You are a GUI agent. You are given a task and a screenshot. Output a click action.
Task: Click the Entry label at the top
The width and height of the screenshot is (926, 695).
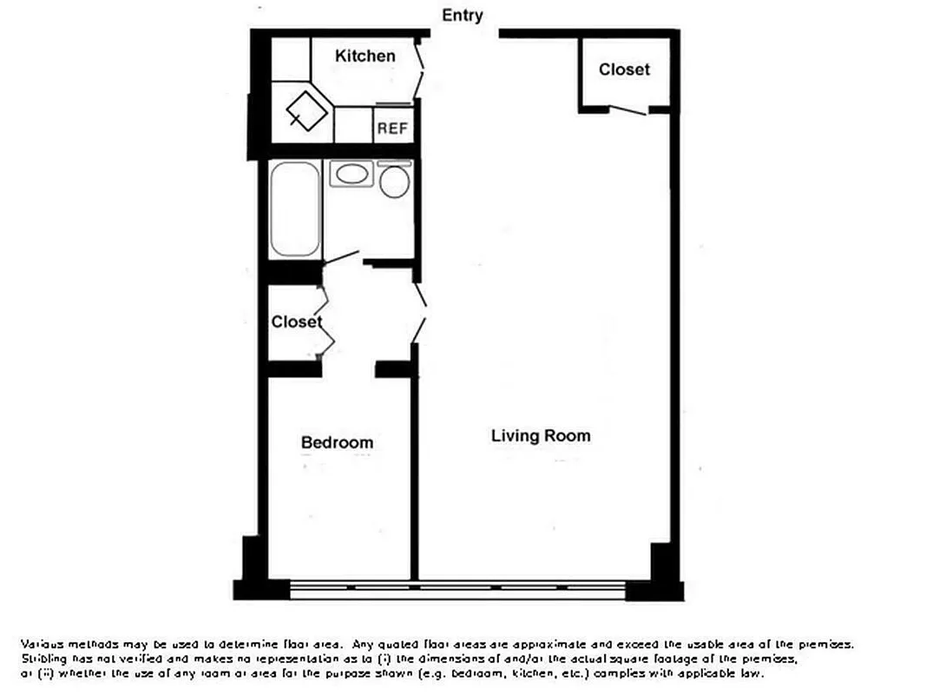pyautogui.click(x=463, y=15)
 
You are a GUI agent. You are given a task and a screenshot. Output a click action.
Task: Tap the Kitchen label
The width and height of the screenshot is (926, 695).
pyautogui.click(x=365, y=56)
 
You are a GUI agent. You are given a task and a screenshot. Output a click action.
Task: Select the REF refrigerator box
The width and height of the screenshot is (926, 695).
pyautogui.click(x=392, y=129)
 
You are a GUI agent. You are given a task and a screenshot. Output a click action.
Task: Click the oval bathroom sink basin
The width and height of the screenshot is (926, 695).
pyautogui.click(x=352, y=174)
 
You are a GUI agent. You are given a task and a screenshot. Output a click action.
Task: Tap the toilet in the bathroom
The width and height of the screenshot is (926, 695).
pyautogui.click(x=395, y=181)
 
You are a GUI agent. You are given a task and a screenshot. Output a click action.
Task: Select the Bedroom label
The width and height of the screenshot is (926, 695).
pyautogui.click(x=337, y=442)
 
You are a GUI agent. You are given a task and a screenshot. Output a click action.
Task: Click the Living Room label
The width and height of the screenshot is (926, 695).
pyautogui.click(x=541, y=435)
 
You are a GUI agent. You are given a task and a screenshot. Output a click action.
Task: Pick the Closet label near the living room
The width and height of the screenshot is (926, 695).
pyautogui.click(x=624, y=69)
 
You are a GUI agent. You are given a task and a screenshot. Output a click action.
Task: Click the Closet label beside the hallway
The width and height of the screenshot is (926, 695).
pyautogui.click(x=296, y=321)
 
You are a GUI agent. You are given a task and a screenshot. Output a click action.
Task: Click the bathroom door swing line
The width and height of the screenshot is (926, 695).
pyautogui.click(x=340, y=258)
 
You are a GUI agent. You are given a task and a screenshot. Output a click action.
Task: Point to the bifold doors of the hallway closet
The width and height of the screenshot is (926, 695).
pyautogui.click(x=323, y=321)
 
